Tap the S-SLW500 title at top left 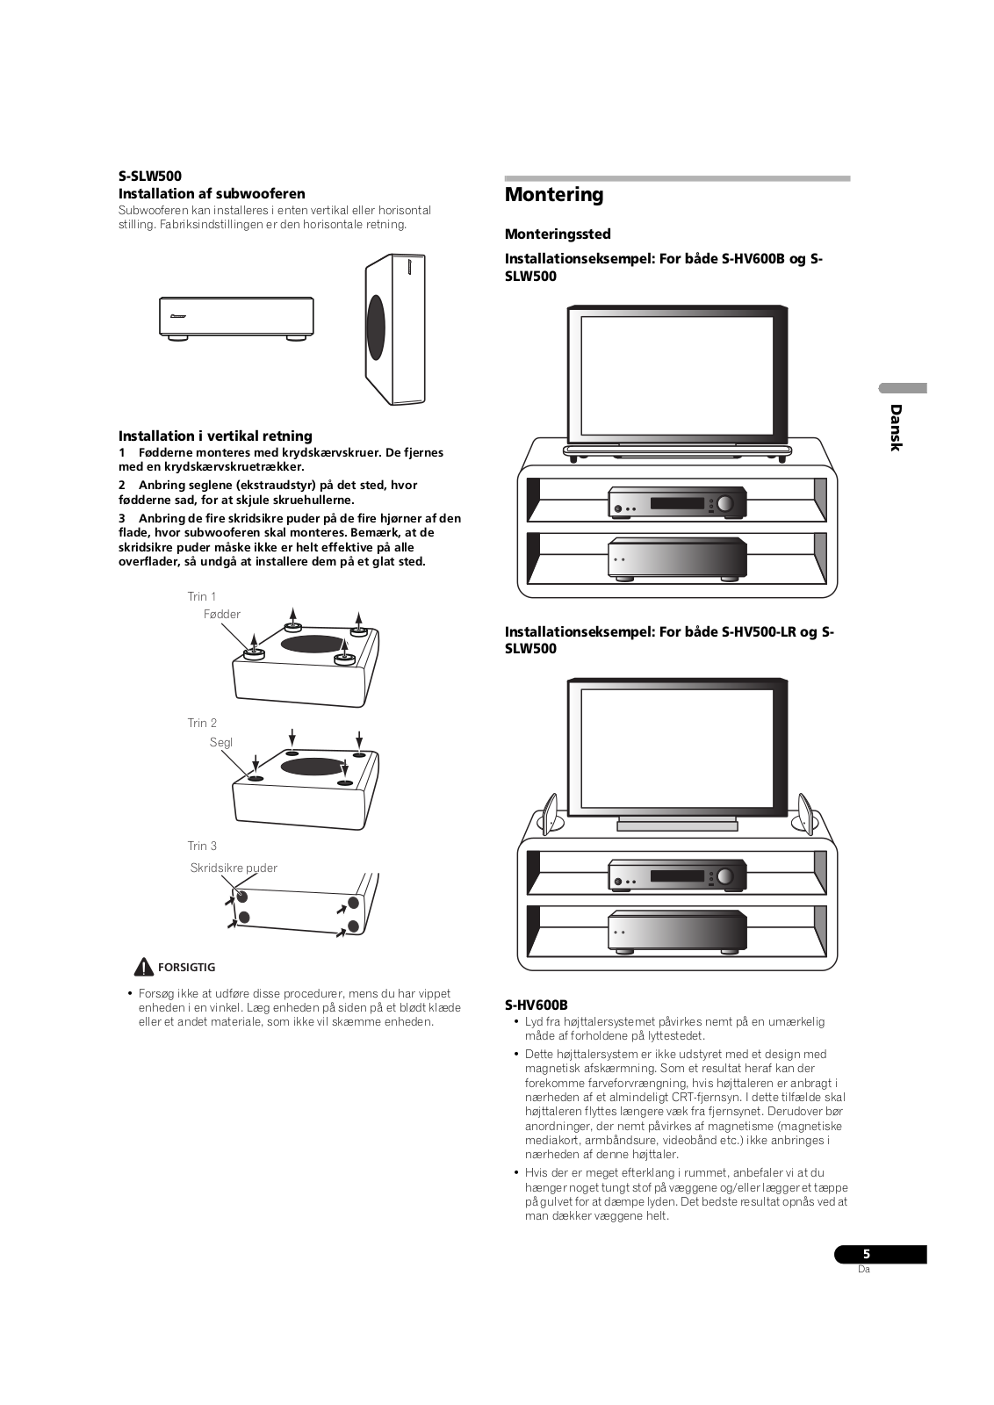150,176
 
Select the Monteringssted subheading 558,234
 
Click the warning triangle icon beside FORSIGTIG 144,968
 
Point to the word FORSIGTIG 186,968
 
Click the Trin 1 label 202,597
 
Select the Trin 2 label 202,724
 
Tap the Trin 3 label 202,847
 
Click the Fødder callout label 222,615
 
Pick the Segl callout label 221,743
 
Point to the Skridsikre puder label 234,868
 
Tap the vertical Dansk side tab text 895,428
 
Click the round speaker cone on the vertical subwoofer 376,327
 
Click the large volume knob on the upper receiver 725,503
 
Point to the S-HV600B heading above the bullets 537,1005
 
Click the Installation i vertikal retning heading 215,436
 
